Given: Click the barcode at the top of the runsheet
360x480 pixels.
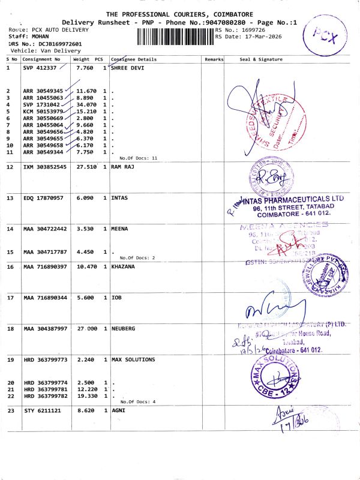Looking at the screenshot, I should (x=175, y=37).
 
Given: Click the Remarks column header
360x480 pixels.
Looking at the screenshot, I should (x=214, y=59).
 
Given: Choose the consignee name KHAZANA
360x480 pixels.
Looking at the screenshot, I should (x=124, y=266).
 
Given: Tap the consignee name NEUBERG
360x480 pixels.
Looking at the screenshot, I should (x=124, y=329).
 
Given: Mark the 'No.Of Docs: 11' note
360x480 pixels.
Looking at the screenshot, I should (x=138, y=158).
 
